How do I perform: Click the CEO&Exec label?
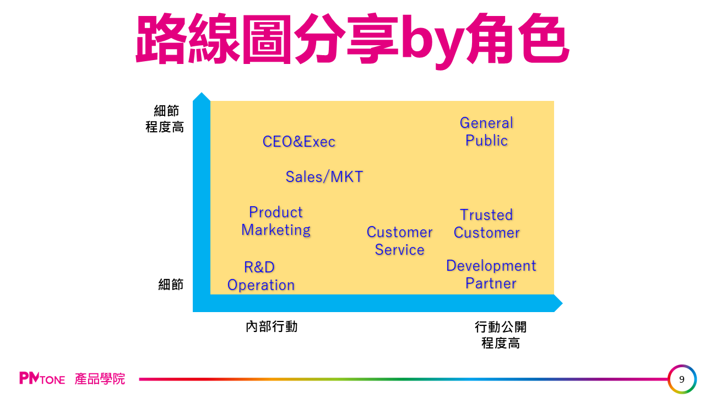click(299, 142)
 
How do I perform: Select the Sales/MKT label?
click(324, 176)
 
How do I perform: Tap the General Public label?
click(486, 131)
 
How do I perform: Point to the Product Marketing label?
click(275, 221)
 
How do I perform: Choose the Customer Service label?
click(399, 240)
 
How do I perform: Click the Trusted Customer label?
click(486, 223)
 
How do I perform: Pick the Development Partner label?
click(491, 274)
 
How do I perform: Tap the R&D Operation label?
click(261, 276)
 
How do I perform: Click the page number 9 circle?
click(682, 379)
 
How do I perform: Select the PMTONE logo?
click(42, 379)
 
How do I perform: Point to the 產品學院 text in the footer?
click(100, 379)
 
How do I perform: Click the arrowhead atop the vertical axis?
click(201, 98)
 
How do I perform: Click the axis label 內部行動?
click(272, 326)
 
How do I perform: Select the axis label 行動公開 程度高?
click(500, 335)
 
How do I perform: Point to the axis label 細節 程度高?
click(165, 119)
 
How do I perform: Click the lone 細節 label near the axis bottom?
click(171, 285)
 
